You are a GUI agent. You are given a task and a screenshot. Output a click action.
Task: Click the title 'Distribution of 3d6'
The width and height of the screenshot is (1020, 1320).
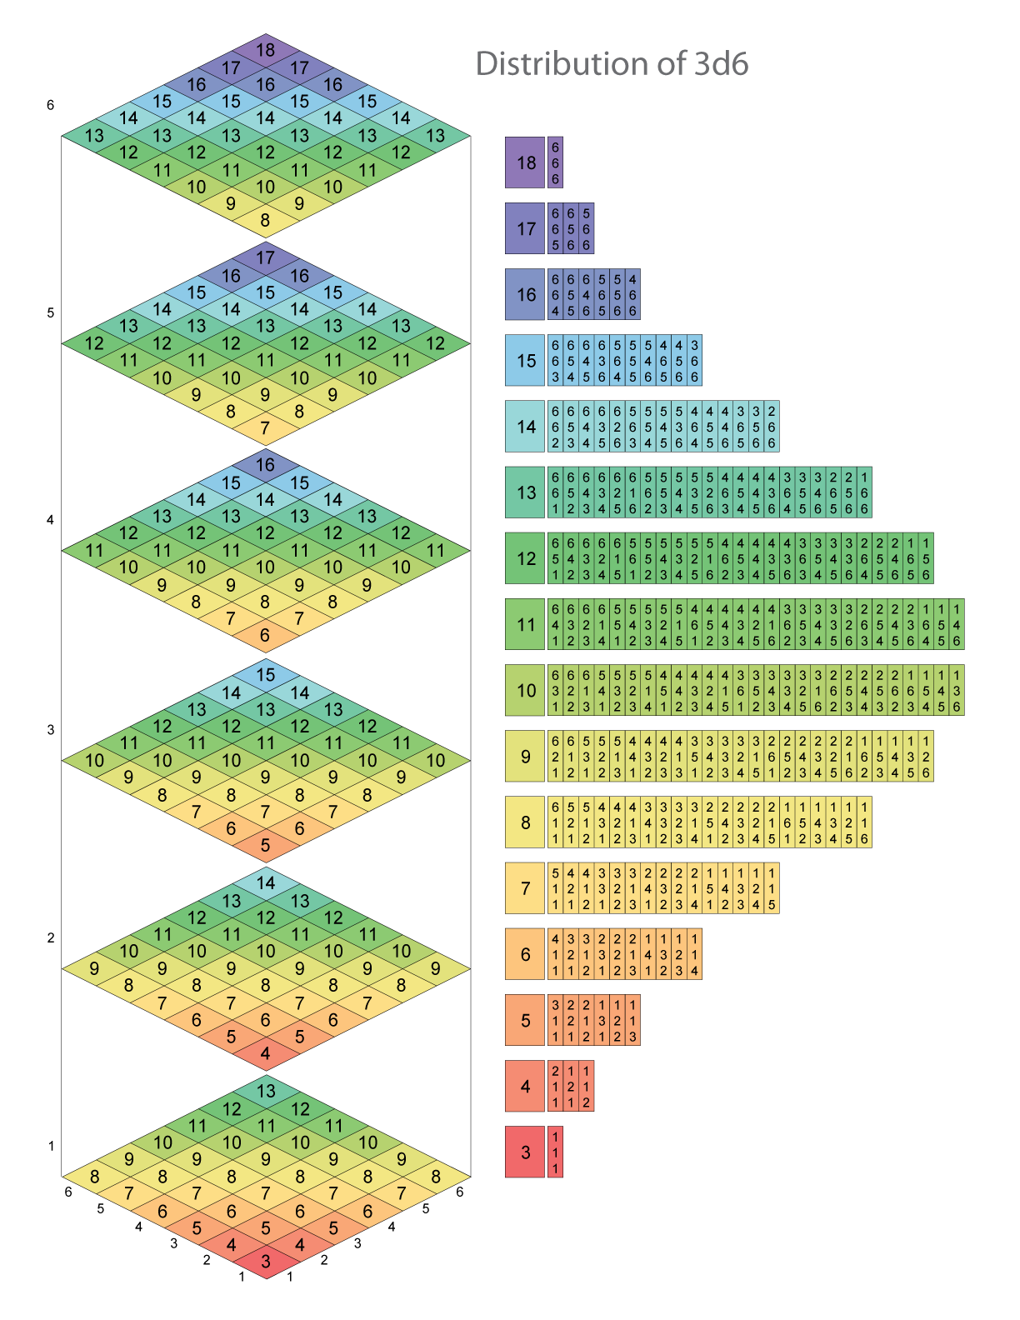(612, 64)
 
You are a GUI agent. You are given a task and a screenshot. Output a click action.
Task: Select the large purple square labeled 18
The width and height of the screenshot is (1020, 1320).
(525, 162)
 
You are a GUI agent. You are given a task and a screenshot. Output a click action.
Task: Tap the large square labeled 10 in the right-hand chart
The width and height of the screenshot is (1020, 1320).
(525, 690)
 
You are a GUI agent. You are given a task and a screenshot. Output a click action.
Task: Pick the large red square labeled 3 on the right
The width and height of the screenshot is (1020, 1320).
(525, 1152)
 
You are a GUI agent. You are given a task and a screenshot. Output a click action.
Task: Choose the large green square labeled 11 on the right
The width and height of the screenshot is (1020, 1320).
(525, 624)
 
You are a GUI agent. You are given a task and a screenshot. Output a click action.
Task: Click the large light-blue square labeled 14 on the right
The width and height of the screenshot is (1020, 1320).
(525, 427)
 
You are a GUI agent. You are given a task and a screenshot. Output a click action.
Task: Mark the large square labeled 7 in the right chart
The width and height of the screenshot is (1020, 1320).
(525, 888)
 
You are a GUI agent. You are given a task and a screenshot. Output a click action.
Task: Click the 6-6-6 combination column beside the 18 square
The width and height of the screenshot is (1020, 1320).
(555, 162)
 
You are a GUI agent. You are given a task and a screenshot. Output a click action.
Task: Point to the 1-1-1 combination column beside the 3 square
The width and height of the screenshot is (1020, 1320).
(555, 1152)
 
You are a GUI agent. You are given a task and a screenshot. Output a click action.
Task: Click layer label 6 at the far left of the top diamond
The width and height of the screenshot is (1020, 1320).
(51, 105)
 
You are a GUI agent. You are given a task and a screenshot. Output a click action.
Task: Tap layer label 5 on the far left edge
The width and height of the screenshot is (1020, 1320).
(51, 313)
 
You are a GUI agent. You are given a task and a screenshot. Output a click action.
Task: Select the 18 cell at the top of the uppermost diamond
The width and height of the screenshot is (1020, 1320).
(265, 50)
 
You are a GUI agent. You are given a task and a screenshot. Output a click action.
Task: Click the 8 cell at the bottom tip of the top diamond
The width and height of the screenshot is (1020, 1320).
(265, 221)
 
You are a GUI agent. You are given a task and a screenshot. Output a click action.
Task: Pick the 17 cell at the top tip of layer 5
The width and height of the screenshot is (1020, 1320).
(265, 257)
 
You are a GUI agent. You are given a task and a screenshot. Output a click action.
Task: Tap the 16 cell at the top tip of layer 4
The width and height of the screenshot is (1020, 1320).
(265, 465)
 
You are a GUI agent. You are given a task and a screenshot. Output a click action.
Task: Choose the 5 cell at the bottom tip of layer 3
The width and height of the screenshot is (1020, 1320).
(265, 845)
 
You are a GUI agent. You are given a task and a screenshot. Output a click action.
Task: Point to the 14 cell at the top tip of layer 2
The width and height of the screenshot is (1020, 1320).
(265, 882)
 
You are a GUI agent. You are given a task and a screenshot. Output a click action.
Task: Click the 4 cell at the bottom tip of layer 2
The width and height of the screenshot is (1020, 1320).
(265, 1053)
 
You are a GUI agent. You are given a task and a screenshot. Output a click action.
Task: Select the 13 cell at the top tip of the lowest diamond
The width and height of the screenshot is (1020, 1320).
(265, 1090)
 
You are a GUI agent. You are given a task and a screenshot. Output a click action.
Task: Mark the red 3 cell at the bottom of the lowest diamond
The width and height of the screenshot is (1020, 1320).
(265, 1261)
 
